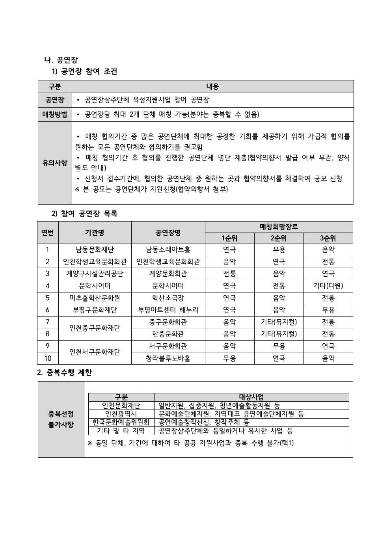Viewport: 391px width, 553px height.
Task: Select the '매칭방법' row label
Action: (55, 115)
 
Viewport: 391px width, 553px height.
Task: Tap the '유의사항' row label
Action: (55, 163)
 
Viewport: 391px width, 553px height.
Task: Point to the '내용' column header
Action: (212, 86)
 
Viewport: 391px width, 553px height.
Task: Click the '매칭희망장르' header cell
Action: (279, 227)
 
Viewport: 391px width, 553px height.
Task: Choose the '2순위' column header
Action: (279, 238)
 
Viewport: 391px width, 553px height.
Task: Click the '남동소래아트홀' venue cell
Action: (168, 250)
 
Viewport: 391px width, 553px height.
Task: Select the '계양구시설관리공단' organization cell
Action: (95, 274)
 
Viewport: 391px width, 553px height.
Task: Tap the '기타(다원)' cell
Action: (328, 286)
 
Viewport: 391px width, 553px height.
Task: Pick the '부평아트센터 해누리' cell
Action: (168, 310)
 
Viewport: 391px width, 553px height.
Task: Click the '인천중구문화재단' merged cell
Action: (95, 328)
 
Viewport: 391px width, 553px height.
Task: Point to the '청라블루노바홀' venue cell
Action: (168, 358)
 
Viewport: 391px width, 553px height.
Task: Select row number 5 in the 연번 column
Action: (48, 298)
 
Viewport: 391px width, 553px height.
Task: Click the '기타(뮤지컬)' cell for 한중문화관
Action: (279, 334)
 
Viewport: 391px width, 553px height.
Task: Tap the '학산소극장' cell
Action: (168, 298)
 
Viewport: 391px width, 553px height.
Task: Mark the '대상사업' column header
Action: (251, 397)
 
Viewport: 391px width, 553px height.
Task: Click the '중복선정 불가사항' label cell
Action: (61, 419)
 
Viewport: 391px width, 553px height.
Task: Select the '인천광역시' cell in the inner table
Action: (121, 414)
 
